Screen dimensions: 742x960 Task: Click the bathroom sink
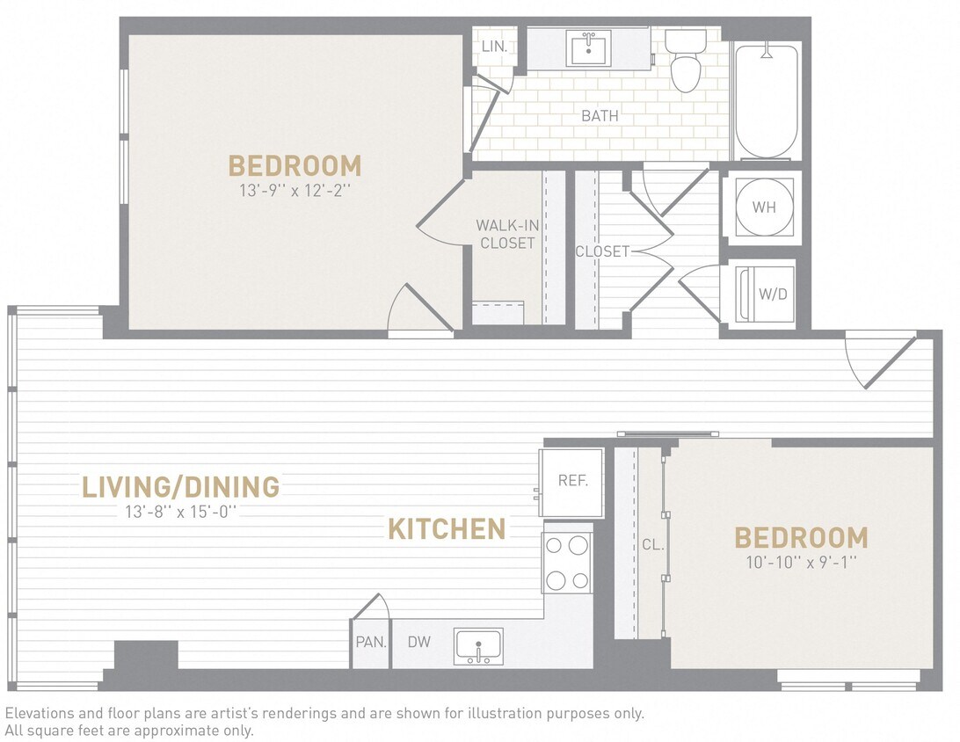589,48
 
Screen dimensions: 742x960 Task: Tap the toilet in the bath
685,62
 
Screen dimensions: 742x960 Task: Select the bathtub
766,101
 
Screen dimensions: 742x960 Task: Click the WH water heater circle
764,207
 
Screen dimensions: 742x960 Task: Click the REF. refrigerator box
571,482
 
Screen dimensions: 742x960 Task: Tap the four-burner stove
567,563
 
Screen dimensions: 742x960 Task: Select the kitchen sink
479,645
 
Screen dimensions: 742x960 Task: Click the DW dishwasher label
419,642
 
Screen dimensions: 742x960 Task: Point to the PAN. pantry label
371,642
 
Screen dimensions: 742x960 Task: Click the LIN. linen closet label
494,46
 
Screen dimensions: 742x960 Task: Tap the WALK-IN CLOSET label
507,234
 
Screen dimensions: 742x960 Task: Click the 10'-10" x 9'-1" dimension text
801,560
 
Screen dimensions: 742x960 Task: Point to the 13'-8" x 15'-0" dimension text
181,512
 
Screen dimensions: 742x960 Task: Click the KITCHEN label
447,529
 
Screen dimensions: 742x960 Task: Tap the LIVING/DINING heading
180,486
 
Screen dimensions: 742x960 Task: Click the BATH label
600,115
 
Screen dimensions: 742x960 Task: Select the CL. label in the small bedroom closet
652,544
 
